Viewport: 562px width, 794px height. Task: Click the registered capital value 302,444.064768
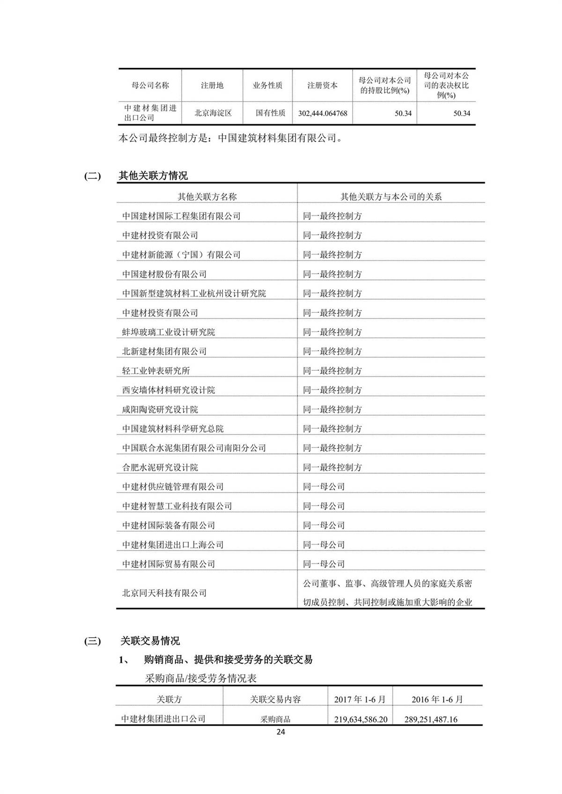pos(322,113)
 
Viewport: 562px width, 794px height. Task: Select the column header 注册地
pos(212,85)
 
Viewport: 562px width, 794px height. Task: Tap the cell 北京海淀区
pos(213,113)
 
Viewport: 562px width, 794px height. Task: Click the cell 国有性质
pos(270,113)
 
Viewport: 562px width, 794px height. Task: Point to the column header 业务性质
pos(267,85)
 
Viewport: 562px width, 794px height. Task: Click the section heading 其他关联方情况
pos(153,176)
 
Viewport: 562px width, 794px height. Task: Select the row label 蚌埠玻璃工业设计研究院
pos(169,332)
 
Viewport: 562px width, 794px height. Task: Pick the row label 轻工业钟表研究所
pos(156,371)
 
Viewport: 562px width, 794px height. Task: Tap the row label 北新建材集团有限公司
pos(164,351)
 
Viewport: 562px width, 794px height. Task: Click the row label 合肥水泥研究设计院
pos(160,467)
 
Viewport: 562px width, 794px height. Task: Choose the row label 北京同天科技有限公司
pos(164,593)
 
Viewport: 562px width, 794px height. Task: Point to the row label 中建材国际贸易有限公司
pos(169,564)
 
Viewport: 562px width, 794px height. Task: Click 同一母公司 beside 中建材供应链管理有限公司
pos(324,486)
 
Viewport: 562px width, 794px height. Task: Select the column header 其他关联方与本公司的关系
pos(391,197)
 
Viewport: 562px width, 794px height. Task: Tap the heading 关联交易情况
pos(150,641)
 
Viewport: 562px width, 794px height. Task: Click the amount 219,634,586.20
pos(361,719)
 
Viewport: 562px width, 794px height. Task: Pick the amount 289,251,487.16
pos(431,719)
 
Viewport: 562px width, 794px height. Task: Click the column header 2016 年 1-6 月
pos(437,699)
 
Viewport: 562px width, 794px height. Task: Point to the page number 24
pos(281,732)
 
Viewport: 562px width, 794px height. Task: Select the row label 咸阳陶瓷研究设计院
pos(160,409)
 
